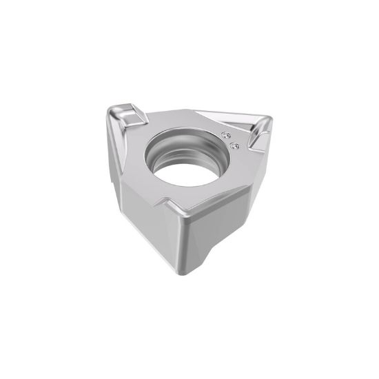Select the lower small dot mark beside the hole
(x=233, y=145)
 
